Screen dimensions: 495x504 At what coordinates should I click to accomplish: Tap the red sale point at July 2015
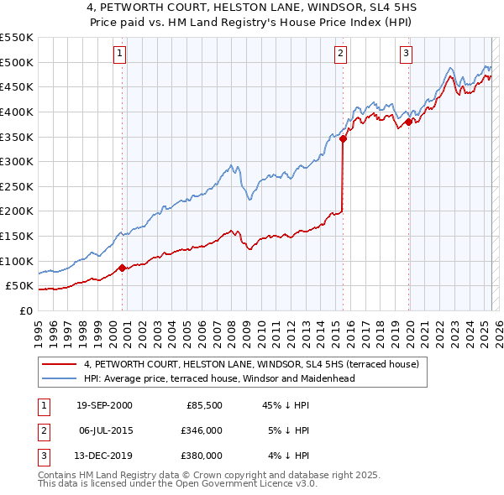(x=343, y=139)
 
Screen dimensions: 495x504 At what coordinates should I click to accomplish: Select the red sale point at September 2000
(x=122, y=268)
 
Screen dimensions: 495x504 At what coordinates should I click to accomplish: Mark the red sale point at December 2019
(x=408, y=122)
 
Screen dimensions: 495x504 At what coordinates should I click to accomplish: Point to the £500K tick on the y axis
(x=17, y=62)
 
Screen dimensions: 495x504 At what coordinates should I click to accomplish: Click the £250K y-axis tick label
(x=17, y=186)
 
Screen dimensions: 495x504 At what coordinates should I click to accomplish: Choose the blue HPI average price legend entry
(x=219, y=378)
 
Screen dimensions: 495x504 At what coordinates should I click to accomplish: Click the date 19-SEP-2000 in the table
(x=104, y=406)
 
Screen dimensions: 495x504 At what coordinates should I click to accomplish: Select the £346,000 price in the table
(x=202, y=430)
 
